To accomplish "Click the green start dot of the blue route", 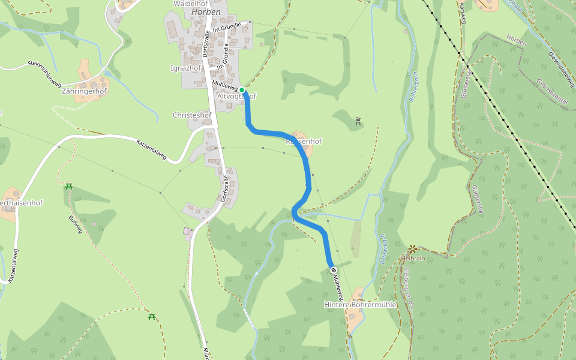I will coord(242,90).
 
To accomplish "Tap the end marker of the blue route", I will coord(332,269).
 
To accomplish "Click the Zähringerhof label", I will coord(84,91).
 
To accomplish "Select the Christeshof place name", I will coord(192,115).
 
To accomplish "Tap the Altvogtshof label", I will coord(236,96).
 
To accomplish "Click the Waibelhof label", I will coord(190,3).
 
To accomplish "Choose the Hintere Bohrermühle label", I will coord(361,305).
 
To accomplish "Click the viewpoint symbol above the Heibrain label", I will coord(413,248).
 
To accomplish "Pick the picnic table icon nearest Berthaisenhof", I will coord(69,186).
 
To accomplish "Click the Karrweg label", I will coord(462,13).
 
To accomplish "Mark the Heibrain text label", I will coord(414,258).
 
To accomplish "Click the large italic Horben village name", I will coord(206,12).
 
